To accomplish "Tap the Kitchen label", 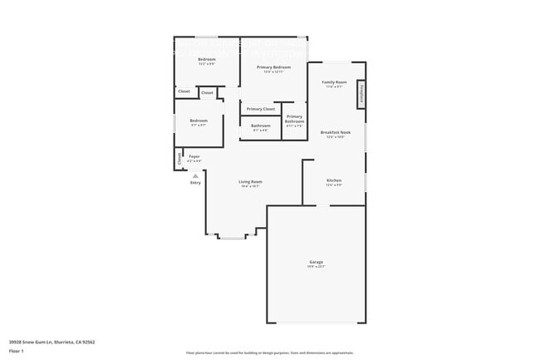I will (x=334, y=180).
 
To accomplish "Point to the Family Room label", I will (x=334, y=81).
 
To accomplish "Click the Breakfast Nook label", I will (x=335, y=132).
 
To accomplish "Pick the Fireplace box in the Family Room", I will (x=361, y=93).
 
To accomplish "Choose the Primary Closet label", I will (x=261, y=109).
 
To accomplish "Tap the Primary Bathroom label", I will (x=294, y=119).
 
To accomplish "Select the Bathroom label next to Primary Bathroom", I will (x=261, y=126).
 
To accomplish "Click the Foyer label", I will (x=194, y=155).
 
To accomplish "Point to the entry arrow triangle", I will (x=195, y=176).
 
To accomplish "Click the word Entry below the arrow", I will (x=195, y=183).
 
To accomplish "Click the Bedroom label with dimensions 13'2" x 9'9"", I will (x=207, y=60).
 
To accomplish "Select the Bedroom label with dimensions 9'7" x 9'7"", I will (x=199, y=121).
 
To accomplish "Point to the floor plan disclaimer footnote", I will (x=269, y=353).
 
